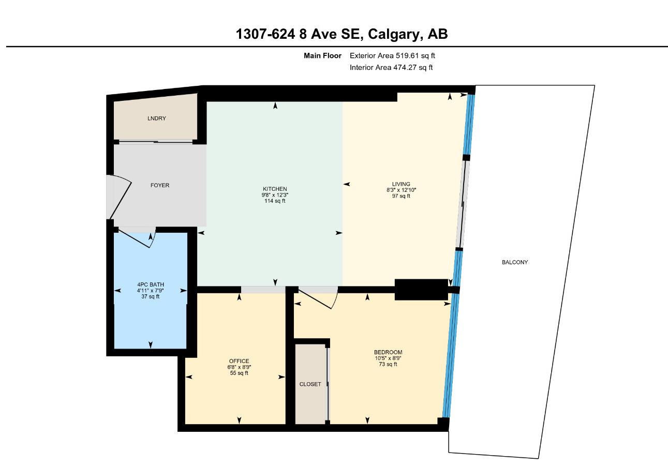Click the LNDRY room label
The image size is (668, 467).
click(x=156, y=118)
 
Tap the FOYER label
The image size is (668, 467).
click(x=159, y=185)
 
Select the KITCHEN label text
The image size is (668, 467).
click(x=274, y=189)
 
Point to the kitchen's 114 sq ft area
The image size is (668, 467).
click(x=274, y=201)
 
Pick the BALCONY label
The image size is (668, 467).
click(x=514, y=262)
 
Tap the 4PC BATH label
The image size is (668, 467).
click(x=150, y=284)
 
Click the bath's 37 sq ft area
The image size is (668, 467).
click(x=150, y=296)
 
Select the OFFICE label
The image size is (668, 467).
click(x=239, y=361)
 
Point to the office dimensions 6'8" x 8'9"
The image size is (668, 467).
click(x=239, y=367)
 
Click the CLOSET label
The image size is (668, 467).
click(x=310, y=384)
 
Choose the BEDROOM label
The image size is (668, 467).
click(x=388, y=352)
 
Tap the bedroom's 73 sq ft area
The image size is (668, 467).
click(x=388, y=364)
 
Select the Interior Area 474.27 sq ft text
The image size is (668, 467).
click(x=391, y=67)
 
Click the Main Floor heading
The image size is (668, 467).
click(x=322, y=55)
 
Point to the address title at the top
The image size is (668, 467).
click(x=342, y=34)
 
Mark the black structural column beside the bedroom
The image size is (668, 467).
click(x=421, y=289)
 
